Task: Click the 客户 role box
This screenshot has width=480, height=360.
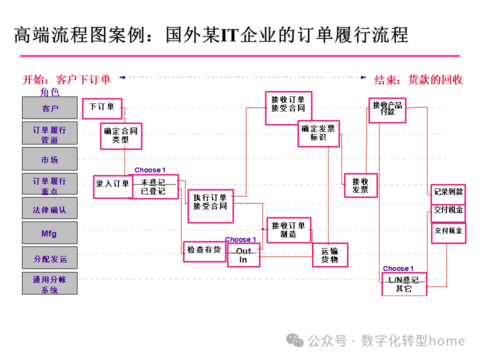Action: [x=50, y=108]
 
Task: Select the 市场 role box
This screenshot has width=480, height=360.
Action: [x=50, y=159]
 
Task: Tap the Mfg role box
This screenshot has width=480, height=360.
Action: [x=50, y=233]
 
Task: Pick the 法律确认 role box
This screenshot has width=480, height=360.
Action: [x=50, y=208]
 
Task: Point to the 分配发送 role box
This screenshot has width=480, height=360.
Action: [x=50, y=258]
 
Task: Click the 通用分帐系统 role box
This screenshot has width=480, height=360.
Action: [x=50, y=283]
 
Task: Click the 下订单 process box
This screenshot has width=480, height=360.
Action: [x=102, y=107]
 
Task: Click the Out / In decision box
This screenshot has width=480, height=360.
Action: [x=243, y=255]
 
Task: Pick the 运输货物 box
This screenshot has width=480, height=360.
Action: [x=330, y=255]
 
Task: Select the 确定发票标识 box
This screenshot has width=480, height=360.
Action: [x=318, y=133]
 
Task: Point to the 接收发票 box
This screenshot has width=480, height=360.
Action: [x=360, y=185]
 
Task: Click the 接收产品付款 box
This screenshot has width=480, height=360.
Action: [x=387, y=109]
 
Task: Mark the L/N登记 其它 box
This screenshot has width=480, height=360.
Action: [x=404, y=284]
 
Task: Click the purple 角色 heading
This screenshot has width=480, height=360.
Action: [x=50, y=91]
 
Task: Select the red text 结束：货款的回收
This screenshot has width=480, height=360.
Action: [x=418, y=79]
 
